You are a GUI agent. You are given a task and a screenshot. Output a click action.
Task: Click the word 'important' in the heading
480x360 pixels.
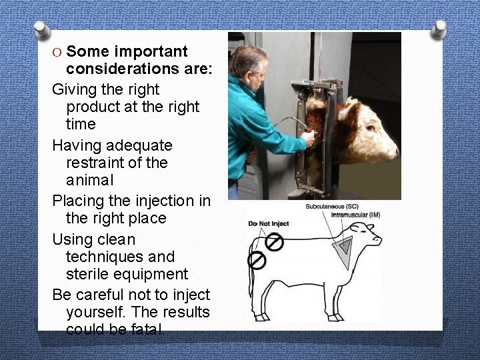(151, 52)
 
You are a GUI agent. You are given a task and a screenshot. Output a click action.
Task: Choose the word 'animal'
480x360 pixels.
(90, 181)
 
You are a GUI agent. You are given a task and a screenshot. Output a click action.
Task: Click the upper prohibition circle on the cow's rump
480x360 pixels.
(275, 241)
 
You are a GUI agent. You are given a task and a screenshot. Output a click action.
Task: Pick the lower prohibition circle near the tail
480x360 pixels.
(257, 259)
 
